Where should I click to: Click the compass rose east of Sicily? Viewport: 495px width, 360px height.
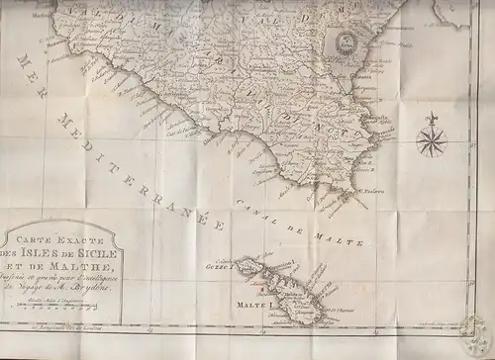(x=431, y=141)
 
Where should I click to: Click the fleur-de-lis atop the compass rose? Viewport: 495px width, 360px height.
(x=431, y=121)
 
